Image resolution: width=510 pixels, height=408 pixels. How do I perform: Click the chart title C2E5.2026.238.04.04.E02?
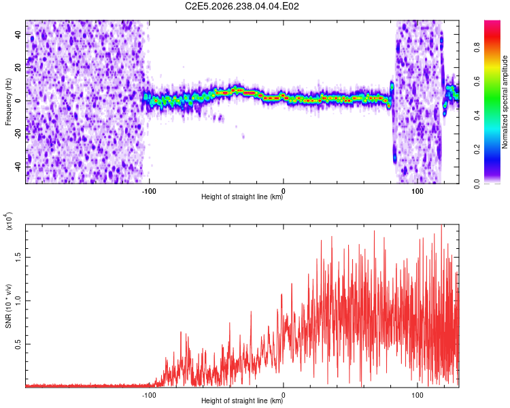point(241,6)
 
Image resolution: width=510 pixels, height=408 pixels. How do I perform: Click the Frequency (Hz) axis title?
point(8,101)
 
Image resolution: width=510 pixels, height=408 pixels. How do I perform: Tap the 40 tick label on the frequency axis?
point(18,35)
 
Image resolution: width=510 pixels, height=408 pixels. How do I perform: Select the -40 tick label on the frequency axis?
point(18,167)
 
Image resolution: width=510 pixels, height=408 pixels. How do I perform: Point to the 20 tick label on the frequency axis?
point(18,68)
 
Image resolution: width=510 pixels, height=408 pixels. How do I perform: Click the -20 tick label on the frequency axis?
point(18,134)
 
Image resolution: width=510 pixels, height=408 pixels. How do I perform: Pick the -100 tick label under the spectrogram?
point(149,191)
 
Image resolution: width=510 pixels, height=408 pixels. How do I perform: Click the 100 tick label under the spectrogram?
point(418,191)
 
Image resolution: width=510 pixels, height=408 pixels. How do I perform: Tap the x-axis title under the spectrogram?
point(242,197)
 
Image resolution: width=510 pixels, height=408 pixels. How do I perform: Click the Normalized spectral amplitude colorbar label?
point(505,102)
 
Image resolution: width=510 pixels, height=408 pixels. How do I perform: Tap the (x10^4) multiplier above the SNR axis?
point(9,221)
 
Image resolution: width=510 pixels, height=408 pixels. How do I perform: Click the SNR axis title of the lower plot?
point(8,305)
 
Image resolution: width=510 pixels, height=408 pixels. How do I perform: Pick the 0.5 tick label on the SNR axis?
point(18,344)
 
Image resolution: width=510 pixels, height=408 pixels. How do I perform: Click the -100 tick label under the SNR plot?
point(149,395)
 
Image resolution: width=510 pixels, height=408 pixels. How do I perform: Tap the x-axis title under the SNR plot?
point(242,401)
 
